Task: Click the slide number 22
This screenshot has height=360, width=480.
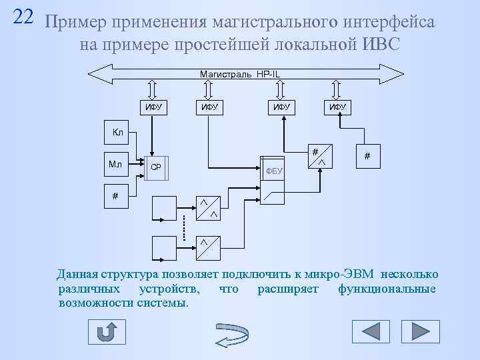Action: (x=23, y=17)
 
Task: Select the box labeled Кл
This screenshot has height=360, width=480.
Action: (x=119, y=131)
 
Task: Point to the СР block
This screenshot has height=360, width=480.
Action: (x=157, y=167)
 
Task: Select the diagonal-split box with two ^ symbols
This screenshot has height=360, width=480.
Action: (x=207, y=209)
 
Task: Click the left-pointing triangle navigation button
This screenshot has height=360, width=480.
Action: (x=370, y=331)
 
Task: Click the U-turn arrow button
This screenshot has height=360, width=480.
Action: (x=107, y=332)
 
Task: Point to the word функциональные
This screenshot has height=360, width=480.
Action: (x=387, y=289)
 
